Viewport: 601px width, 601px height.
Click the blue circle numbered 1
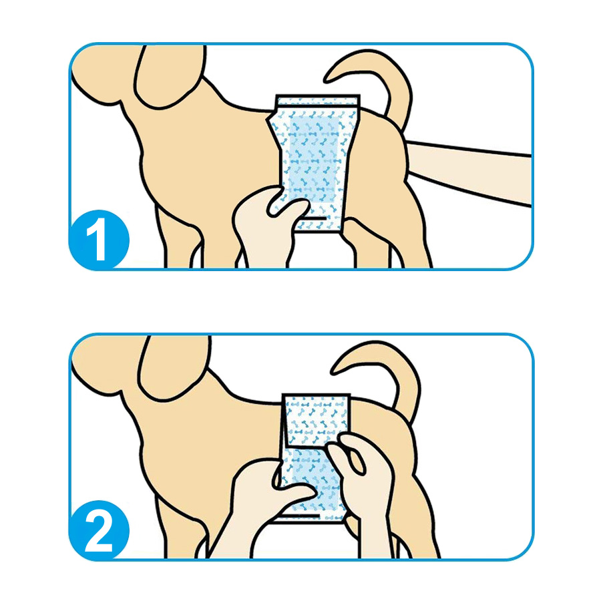coord(99,239)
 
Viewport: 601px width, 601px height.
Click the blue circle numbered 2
coord(99,530)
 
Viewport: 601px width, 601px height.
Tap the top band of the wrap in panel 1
coord(318,100)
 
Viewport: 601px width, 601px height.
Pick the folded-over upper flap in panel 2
coord(317,420)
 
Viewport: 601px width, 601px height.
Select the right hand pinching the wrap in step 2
coord(362,479)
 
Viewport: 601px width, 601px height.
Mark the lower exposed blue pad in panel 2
coord(313,479)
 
